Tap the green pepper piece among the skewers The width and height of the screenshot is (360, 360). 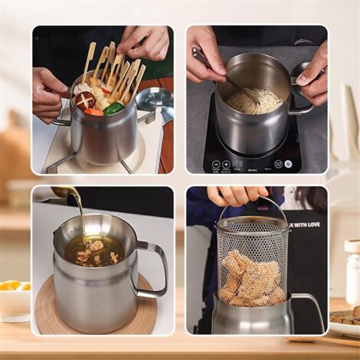click(x=113, y=109)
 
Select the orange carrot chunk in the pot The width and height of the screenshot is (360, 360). click(x=93, y=112)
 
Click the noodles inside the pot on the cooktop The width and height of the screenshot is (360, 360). click(x=254, y=100)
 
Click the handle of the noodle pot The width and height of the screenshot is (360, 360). click(x=302, y=92)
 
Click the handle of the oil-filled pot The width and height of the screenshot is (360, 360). click(x=153, y=268)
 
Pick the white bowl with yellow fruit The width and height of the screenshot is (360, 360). click(x=15, y=299)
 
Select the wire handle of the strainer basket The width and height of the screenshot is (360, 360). click(x=253, y=207)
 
